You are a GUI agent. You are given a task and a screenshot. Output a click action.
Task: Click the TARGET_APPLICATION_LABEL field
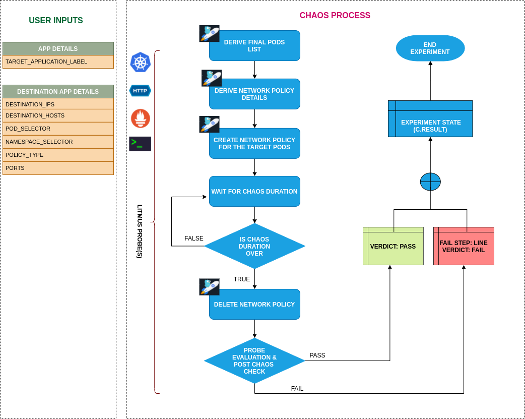click(x=58, y=62)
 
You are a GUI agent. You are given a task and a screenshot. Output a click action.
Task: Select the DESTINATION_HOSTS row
click(x=58, y=115)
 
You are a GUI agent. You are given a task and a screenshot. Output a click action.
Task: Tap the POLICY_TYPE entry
click(x=58, y=155)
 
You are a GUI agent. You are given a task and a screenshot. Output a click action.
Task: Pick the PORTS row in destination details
click(x=58, y=168)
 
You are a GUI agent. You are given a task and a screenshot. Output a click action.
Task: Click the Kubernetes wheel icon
click(x=140, y=63)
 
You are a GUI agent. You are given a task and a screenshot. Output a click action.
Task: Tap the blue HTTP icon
click(x=140, y=91)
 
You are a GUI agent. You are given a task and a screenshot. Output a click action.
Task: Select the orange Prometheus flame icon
click(x=140, y=118)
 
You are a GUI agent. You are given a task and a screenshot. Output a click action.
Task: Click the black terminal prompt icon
click(x=140, y=144)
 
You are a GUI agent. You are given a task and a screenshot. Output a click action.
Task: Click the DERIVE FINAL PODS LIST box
click(x=254, y=46)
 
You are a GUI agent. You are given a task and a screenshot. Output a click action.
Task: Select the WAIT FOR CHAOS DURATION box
click(x=254, y=192)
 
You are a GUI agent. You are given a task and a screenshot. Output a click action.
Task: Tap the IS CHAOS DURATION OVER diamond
click(x=254, y=247)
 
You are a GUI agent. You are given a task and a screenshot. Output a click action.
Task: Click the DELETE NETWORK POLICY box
click(x=254, y=305)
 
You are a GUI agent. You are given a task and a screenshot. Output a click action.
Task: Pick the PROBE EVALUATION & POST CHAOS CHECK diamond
click(x=254, y=361)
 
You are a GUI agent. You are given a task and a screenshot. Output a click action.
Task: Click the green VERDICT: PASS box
click(x=393, y=247)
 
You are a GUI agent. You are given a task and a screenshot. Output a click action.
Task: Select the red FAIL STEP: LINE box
click(x=464, y=247)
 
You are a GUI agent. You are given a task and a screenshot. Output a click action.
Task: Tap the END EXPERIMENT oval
click(x=430, y=48)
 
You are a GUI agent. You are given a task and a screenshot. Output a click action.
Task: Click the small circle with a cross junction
click(x=430, y=182)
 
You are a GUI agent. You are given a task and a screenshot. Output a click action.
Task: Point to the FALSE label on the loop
click(x=194, y=238)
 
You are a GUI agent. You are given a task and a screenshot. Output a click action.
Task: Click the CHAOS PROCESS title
click(x=335, y=16)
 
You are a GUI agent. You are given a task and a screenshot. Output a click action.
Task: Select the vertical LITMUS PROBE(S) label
click(x=140, y=231)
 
